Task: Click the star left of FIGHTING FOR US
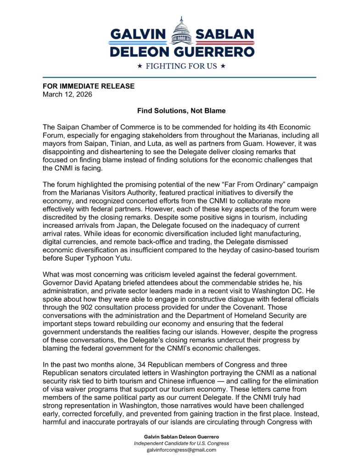(140, 66)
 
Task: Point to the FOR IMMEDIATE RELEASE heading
(89, 86)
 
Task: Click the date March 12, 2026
(67, 95)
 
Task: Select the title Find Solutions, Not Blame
(181, 111)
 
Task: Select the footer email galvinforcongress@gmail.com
(181, 450)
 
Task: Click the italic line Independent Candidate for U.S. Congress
(181, 443)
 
